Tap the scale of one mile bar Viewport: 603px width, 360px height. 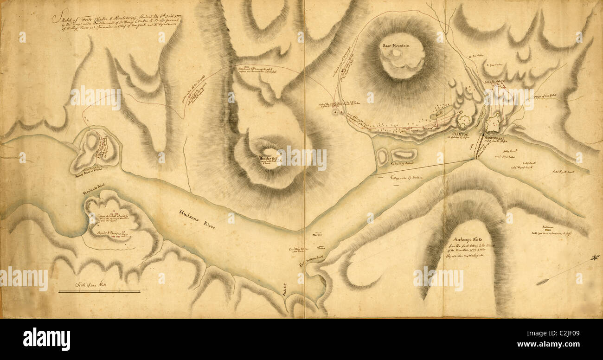click(x=99, y=292)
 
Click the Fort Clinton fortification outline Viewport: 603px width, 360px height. click(x=464, y=121)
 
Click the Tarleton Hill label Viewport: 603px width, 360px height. click(x=267, y=158)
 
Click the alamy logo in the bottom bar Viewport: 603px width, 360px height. click(x=46, y=339)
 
